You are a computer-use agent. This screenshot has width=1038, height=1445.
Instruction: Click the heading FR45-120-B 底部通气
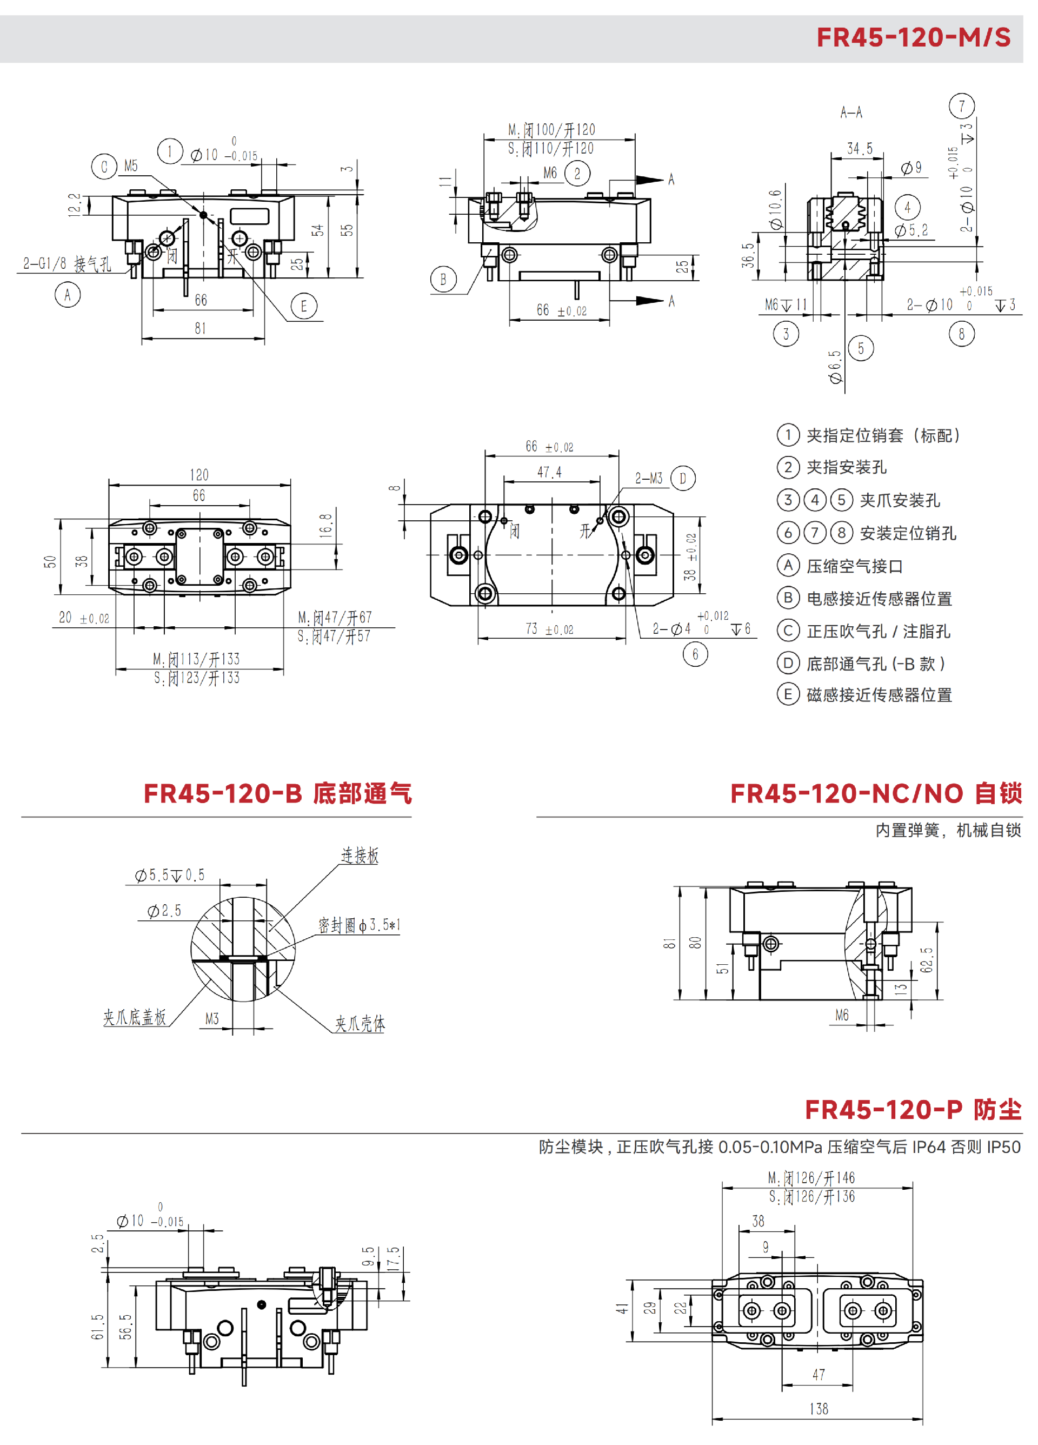click(278, 794)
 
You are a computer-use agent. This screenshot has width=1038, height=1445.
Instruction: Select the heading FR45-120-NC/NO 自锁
click(876, 794)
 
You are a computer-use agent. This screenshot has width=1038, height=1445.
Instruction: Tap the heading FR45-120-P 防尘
click(913, 1110)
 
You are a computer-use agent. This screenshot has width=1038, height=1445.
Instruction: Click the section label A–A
click(851, 113)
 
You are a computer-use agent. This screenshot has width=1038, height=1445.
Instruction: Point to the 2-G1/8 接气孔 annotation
click(67, 264)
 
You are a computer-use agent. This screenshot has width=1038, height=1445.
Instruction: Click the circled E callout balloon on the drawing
click(304, 307)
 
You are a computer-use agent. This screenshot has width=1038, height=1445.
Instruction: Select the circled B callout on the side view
click(443, 279)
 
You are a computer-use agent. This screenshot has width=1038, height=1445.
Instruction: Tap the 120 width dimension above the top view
click(199, 475)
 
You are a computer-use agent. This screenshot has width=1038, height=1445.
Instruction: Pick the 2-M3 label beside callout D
click(649, 479)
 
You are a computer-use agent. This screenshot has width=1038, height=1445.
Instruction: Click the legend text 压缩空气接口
click(855, 566)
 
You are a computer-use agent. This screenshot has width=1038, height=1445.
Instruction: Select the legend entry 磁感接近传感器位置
click(879, 694)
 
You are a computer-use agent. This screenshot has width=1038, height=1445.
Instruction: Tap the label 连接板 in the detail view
click(360, 856)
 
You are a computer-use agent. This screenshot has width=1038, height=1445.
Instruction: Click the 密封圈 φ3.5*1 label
click(359, 925)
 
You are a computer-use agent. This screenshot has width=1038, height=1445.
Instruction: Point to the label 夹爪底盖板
click(135, 1017)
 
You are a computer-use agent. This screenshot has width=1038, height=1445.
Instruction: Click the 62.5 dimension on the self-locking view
click(927, 959)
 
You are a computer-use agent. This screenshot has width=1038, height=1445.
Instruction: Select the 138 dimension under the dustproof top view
click(819, 1409)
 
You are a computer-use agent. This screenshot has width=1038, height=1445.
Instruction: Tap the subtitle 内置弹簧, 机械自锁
click(948, 830)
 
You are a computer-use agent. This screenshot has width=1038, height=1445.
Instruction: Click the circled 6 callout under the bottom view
click(695, 654)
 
